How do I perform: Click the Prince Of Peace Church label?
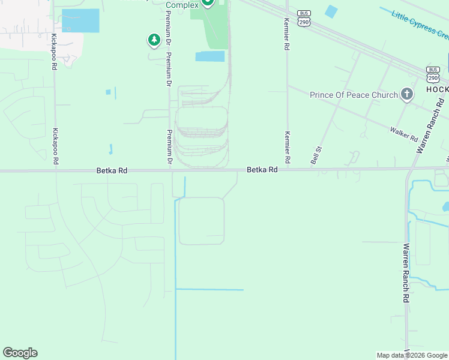[x=354, y=95]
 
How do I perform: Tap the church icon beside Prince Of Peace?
[x=407, y=94]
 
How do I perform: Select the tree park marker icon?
[x=154, y=40]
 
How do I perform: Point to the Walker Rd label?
[x=403, y=134]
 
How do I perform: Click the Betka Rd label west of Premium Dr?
[x=112, y=171]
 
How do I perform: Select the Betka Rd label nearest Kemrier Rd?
[x=262, y=170]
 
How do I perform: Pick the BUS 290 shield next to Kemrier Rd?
[x=304, y=17]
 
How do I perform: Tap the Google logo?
[x=20, y=353]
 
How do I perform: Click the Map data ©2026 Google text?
[x=412, y=355]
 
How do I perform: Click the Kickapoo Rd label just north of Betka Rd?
[x=55, y=146]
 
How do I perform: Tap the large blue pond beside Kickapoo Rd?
[x=80, y=21]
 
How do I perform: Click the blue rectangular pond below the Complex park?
[x=210, y=56]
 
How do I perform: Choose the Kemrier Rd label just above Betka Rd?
[x=288, y=148]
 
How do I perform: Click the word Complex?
[x=182, y=5]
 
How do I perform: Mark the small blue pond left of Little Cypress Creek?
[x=331, y=11]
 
